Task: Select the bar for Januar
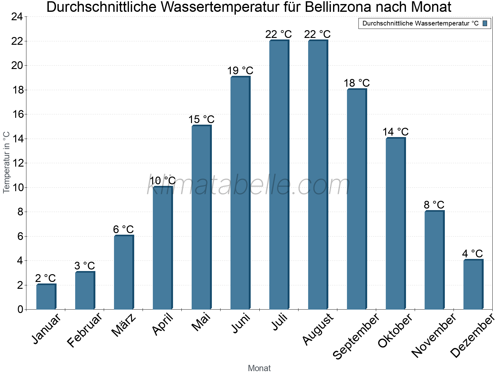46,297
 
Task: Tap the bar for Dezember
473,284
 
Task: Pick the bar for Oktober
395,223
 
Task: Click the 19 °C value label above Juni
240,71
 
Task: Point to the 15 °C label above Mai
201,120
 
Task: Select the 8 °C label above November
434,205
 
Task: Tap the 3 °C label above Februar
84,266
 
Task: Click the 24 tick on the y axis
17,17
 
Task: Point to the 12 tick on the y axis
17,163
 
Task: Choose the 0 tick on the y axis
20,309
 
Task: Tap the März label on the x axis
124,325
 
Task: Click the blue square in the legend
485,23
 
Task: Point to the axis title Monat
259,368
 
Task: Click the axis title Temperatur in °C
7,162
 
